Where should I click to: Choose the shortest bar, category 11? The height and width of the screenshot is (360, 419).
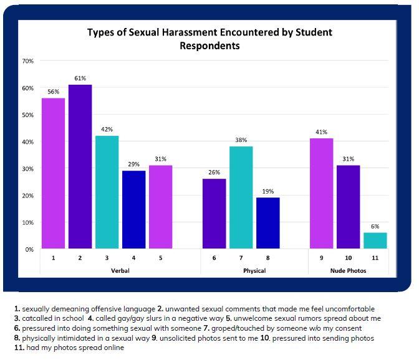[374, 240]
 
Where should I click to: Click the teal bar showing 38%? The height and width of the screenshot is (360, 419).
[240, 197]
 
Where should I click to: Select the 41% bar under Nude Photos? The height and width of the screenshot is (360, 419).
[321, 193]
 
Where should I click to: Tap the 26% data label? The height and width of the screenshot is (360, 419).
[213, 173]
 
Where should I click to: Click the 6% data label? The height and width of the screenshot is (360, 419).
[375, 226]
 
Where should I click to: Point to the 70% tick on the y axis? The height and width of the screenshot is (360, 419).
[27, 61]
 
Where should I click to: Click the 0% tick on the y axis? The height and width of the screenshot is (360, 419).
[29, 249]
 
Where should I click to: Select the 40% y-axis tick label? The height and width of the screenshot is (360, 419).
[27, 142]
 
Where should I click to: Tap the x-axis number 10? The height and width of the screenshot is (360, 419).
[348, 257]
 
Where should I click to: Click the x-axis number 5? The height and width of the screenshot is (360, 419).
[160, 257]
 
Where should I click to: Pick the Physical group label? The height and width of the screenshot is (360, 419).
[254, 271]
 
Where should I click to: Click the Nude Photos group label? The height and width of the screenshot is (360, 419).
[348, 271]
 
